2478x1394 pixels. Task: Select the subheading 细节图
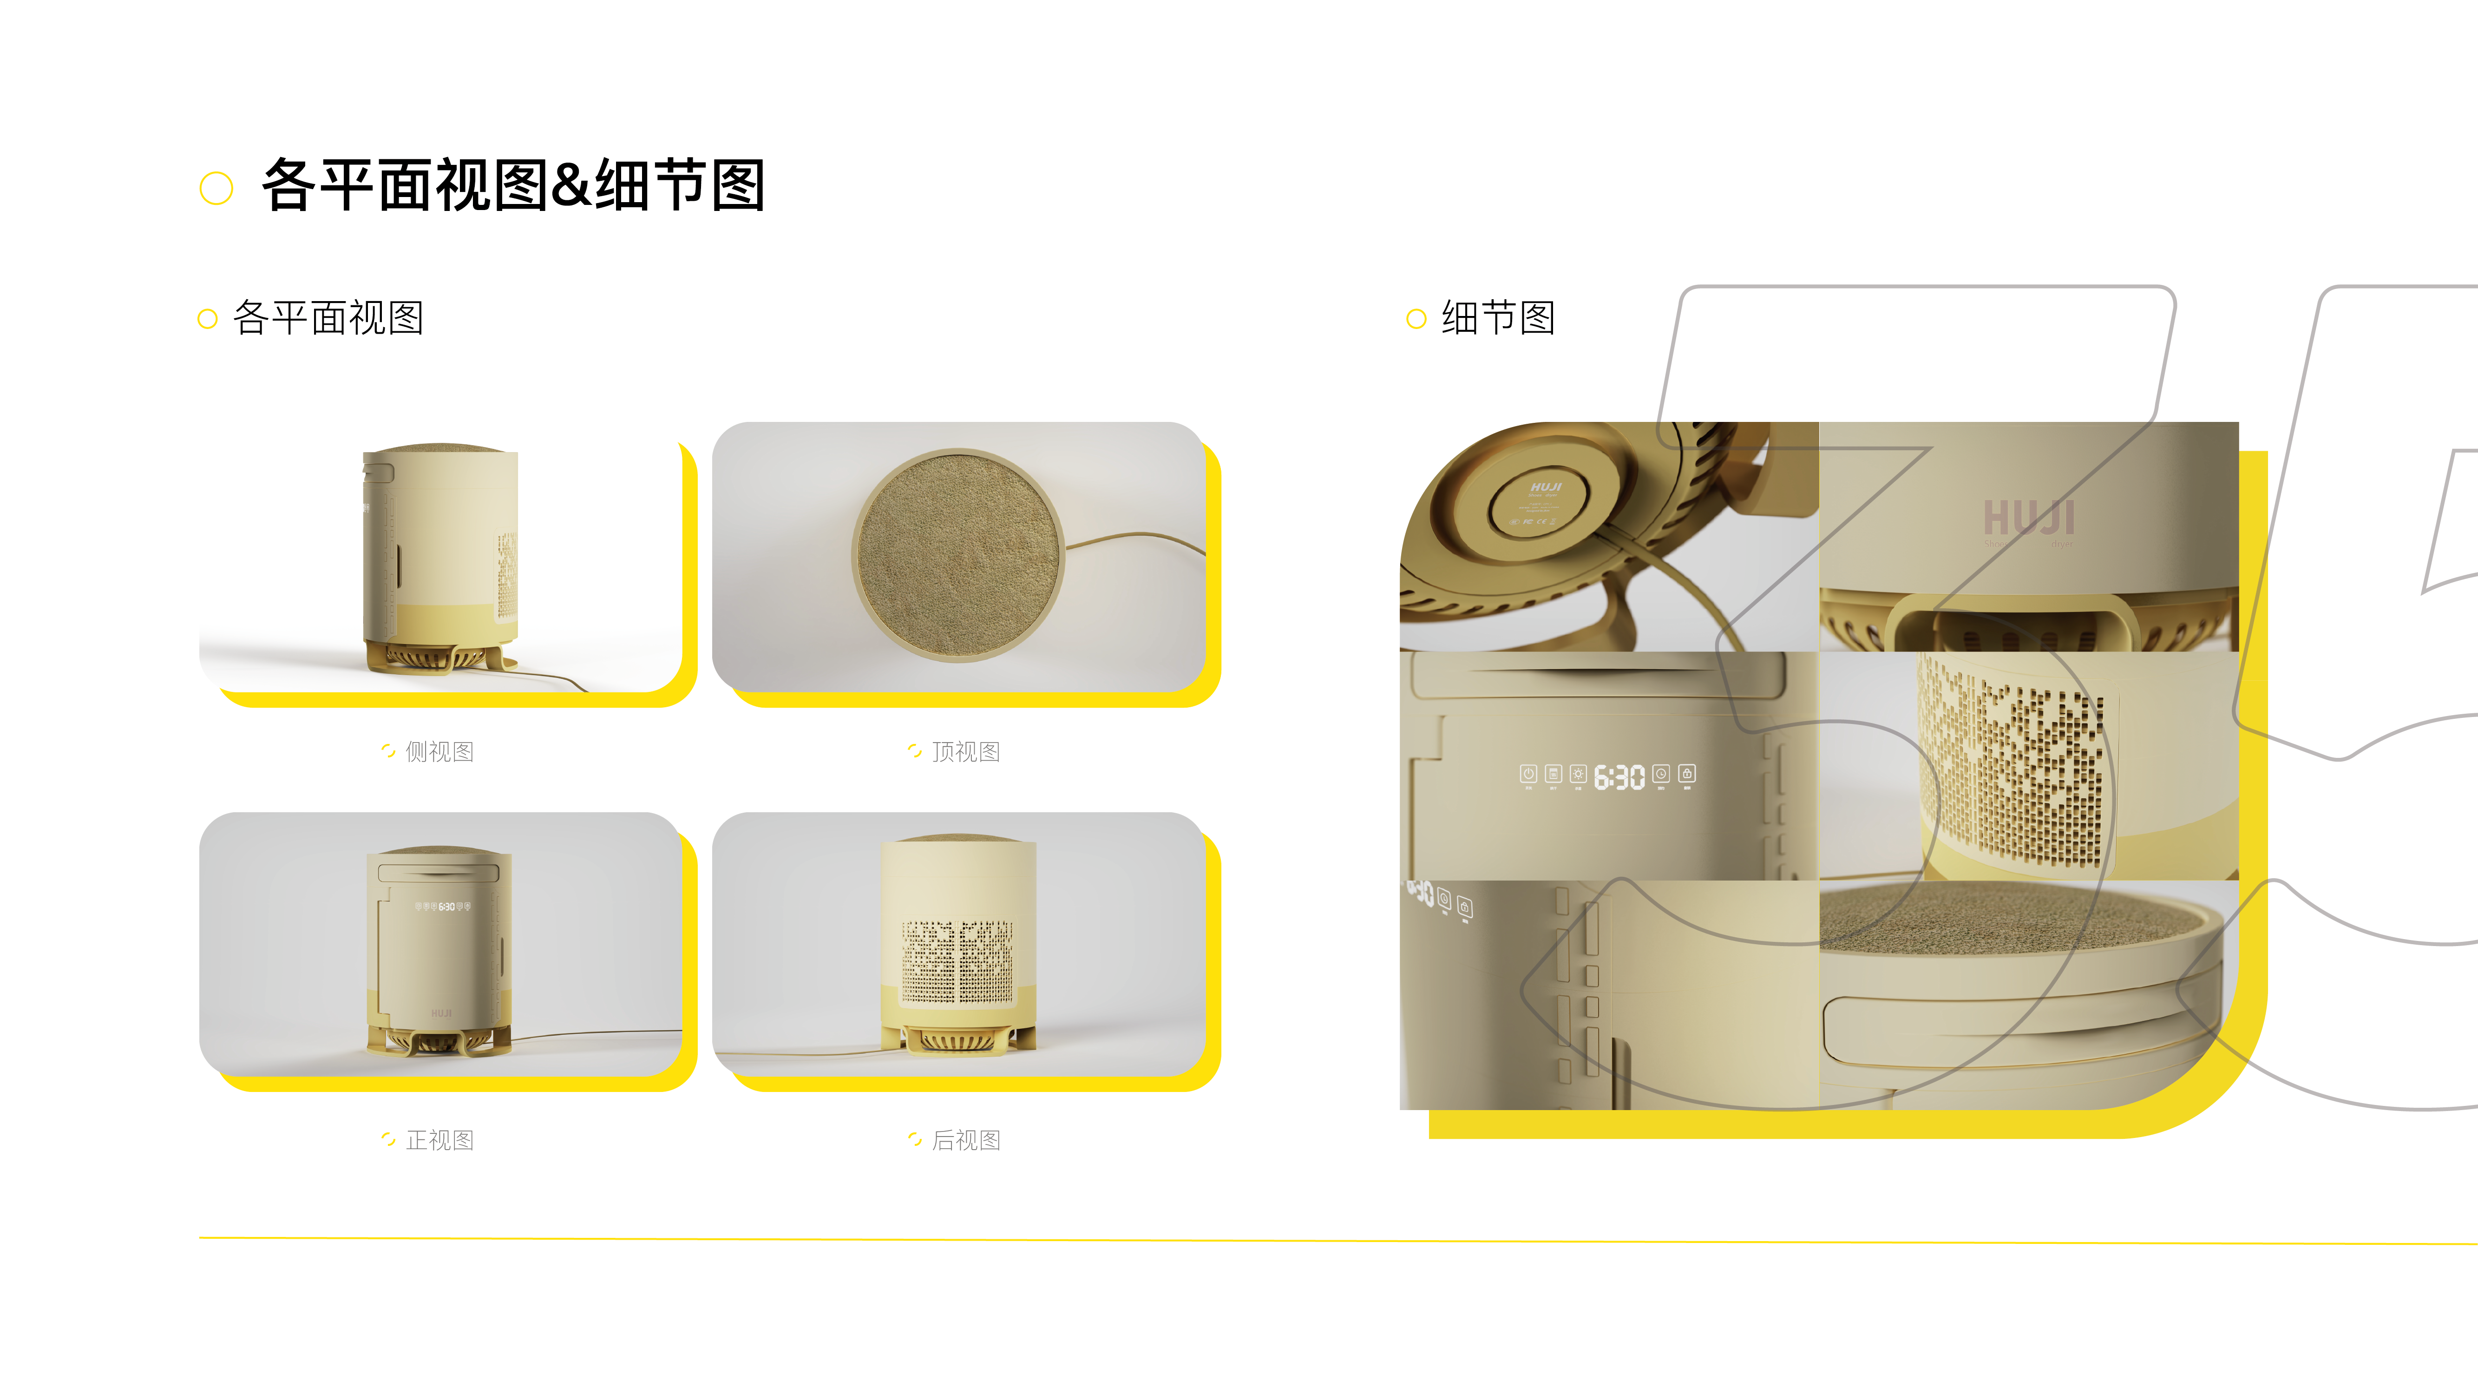coord(1498,317)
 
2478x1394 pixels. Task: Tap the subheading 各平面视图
coord(328,317)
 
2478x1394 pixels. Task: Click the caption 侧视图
coord(439,751)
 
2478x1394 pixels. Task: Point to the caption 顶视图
coord(966,751)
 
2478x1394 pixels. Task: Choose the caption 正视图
coord(439,1140)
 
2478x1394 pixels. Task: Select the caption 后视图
coord(966,1140)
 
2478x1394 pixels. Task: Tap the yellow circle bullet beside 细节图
coord(1416,318)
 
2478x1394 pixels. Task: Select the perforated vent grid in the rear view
coord(957,960)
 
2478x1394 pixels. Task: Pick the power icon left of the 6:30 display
coord(1527,774)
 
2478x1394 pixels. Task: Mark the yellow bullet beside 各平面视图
coord(207,318)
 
